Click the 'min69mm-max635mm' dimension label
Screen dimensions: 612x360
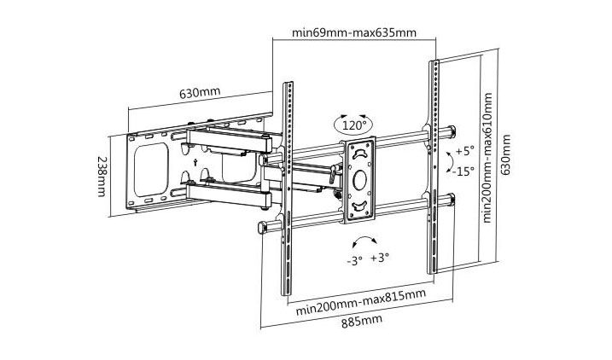(x=354, y=32)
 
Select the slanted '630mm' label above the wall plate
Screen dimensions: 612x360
(x=200, y=93)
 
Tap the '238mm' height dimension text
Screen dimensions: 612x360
(x=101, y=177)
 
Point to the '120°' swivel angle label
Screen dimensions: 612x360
(x=354, y=125)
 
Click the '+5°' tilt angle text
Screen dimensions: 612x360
(x=464, y=150)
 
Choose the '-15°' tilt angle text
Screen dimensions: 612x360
(x=463, y=171)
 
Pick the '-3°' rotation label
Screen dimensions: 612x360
(x=355, y=260)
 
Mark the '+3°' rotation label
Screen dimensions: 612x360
(x=380, y=258)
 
